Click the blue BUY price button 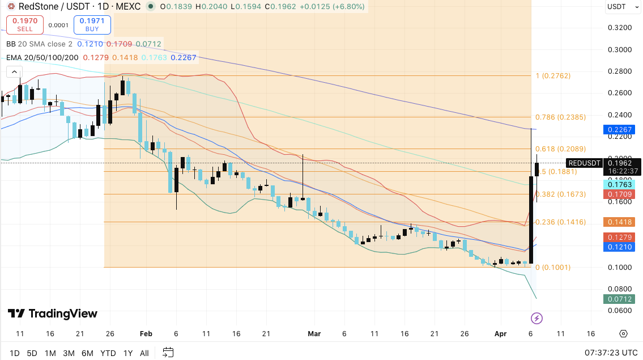tap(92, 24)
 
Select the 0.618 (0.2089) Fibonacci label tap(552, 149)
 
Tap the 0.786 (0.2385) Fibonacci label tap(552, 117)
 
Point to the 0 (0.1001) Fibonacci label tap(552, 268)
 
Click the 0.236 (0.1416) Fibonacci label tap(552, 222)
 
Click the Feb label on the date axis tap(146, 334)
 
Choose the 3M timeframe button tap(69, 353)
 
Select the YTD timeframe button tap(108, 353)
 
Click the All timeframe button tap(144, 353)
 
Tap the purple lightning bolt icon tap(536, 318)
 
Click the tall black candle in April tap(531, 213)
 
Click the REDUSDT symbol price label tap(584, 163)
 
